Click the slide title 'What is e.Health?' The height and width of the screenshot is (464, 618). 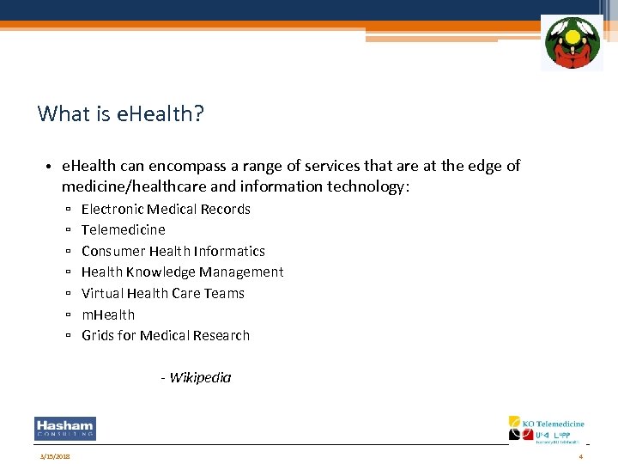click(x=121, y=113)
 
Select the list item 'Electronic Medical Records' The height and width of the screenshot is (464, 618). click(x=166, y=209)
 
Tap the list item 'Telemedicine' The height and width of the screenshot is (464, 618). click(x=124, y=229)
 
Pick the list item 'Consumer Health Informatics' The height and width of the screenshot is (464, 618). click(x=173, y=251)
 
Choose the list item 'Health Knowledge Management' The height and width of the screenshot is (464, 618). click(x=182, y=272)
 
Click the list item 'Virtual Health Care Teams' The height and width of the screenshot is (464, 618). click(x=163, y=293)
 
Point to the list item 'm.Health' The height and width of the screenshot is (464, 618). click(x=108, y=314)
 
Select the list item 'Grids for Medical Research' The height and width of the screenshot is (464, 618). click(x=166, y=335)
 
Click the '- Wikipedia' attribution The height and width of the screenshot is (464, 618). click(x=196, y=377)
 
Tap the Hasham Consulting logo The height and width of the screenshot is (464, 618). click(x=65, y=429)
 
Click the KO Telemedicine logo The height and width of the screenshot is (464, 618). click(x=547, y=430)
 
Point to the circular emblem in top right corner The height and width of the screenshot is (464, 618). click(x=572, y=43)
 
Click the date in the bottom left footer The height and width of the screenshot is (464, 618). click(x=54, y=455)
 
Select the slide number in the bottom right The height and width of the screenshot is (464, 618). click(x=581, y=455)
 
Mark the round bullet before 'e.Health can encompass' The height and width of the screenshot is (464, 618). click(x=51, y=167)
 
